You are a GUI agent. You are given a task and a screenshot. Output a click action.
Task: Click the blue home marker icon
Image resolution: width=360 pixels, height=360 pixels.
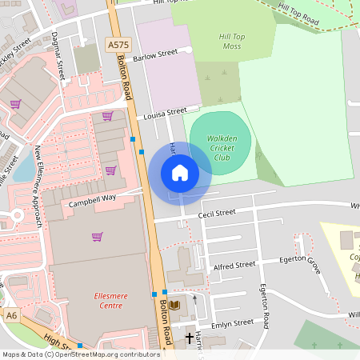pos(180,173)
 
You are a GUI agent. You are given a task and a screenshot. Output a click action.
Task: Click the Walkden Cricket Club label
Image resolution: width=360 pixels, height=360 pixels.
pos(222,147)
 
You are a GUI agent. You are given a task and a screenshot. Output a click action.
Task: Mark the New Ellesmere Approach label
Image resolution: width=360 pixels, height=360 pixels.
pos(38,184)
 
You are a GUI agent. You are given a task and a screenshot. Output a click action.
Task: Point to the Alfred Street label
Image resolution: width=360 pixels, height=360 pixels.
pos(234,265)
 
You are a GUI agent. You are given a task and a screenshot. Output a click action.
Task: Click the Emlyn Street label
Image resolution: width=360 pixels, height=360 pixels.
pos(232,322)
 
